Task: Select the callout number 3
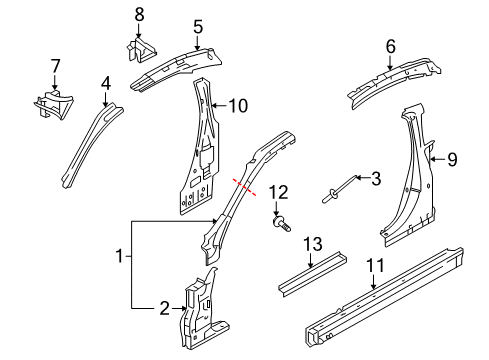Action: [376, 178]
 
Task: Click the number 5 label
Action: [198, 27]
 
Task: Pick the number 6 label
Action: [391, 45]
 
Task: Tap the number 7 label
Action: [55, 66]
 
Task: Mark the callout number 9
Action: [451, 156]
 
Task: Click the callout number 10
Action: [237, 105]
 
